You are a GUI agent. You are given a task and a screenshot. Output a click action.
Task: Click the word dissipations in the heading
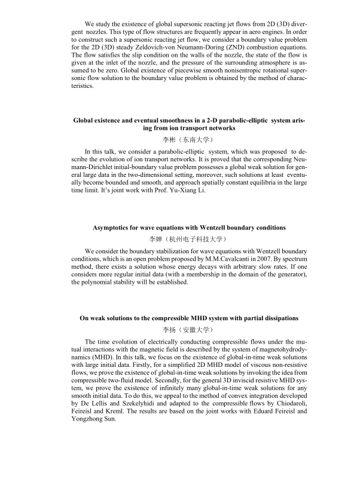pyautogui.click(x=276, y=317)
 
